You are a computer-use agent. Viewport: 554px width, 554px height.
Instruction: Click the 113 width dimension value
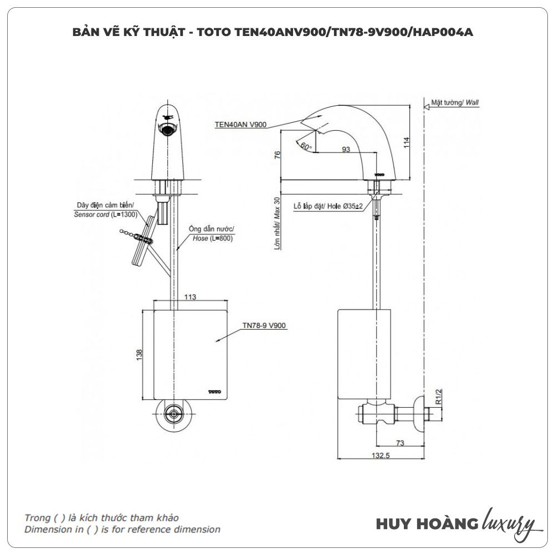(x=189, y=297)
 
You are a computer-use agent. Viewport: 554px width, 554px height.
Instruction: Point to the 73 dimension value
(x=400, y=443)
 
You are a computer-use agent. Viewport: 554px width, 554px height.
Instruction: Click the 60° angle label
(x=305, y=146)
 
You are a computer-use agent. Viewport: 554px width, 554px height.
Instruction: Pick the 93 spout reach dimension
(x=346, y=150)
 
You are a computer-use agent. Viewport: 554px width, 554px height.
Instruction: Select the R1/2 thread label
(x=438, y=397)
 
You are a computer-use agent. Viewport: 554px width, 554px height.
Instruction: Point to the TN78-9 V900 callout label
(x=264, y=326)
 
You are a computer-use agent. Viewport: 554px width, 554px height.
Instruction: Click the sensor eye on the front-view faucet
(x=168, y=131)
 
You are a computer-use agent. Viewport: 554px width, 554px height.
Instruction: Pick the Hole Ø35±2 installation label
(x=329, y=206)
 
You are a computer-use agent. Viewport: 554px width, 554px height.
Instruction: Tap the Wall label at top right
(x=472, y=103)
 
